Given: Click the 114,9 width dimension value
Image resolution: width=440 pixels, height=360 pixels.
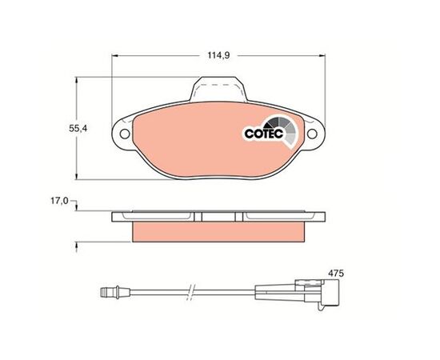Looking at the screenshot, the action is [x=218, y=55].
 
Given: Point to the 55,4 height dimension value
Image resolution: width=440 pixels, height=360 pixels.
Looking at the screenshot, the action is [x=78, y=129].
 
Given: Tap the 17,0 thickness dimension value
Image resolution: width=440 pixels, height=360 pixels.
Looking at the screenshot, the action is [x=59, y=201].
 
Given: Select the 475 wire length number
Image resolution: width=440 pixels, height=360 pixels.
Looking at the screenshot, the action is [x=336, y=273].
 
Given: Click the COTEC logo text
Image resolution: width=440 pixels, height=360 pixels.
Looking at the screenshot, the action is [x=264, y=134].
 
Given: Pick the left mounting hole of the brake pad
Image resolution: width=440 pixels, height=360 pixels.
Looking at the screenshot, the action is [x=125, y=134].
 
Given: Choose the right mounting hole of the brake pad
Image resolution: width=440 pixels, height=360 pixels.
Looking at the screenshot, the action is [x=312, y=134].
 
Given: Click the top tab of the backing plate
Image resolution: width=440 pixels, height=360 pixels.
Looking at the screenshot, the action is [x=218, y=89].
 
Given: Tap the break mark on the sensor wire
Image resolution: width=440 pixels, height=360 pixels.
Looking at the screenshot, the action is [x=191, y=292].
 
